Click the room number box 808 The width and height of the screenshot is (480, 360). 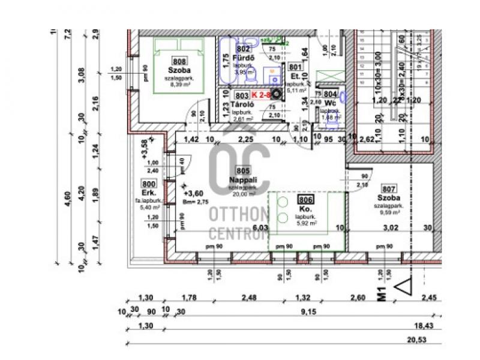(179, 61)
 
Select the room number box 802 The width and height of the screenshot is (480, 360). (243, 49)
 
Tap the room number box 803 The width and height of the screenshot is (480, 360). (242, 95)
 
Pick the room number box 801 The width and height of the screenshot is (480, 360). (295, 68)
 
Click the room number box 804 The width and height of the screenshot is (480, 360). (329, 94)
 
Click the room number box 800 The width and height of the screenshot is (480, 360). (149, 184)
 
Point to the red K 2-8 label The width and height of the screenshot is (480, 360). (261, 95)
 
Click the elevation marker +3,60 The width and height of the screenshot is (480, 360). (193, 193)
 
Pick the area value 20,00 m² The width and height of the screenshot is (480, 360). (243, 194)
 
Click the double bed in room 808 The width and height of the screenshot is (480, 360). (178, 65)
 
